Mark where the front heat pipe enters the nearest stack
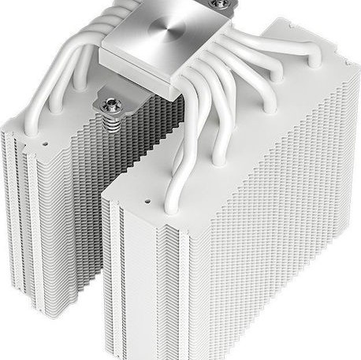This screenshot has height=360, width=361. point(172,206)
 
